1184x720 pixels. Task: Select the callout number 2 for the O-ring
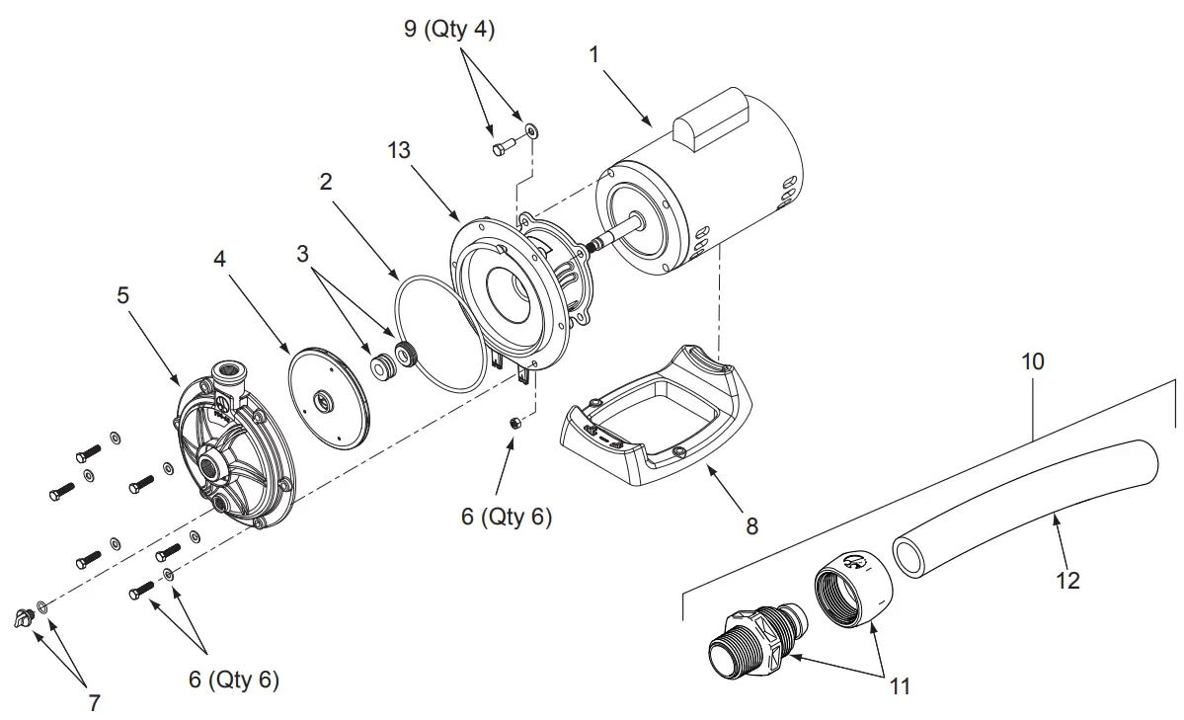(325, 182)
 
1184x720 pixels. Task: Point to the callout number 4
(220, 260)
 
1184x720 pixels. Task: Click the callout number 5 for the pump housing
(122, 295)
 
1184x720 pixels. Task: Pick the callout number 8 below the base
(752, 526)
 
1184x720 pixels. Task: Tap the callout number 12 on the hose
(1066, 580)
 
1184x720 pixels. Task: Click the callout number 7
(95, 702)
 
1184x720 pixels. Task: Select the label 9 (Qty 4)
(449, 30)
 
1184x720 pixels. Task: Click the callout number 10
(1032, 361)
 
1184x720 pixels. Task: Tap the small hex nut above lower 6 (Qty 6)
(514, 423)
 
